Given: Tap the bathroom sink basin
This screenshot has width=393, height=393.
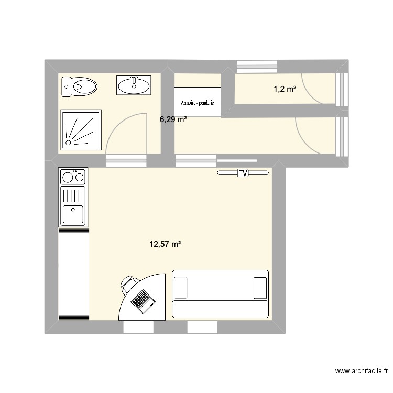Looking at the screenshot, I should tap(134, 85).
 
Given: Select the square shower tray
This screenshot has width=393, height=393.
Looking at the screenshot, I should tap(81, 129).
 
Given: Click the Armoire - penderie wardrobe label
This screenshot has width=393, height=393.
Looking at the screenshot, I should tap(198, 103).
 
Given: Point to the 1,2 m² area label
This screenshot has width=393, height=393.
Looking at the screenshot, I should tap(285, 90).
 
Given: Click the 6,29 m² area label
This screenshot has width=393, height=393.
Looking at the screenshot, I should tap(173, 119).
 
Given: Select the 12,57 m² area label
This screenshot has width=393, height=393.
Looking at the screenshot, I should tap(165, 244).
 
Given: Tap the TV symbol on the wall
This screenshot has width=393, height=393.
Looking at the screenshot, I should tap(242, 173).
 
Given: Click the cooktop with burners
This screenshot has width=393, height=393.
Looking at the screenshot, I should tap(73, 177).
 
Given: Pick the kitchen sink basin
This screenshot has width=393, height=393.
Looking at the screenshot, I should tap(73, 215).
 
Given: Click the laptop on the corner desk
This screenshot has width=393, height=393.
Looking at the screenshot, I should tap(143, 300).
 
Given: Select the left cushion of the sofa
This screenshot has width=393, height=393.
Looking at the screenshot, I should tap(181, 288).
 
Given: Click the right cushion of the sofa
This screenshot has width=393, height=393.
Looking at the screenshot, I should tap(260, 288).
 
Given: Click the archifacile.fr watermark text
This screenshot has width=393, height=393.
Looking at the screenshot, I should tap(362, 371).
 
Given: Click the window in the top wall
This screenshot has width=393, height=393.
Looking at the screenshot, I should tap(257, 67).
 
